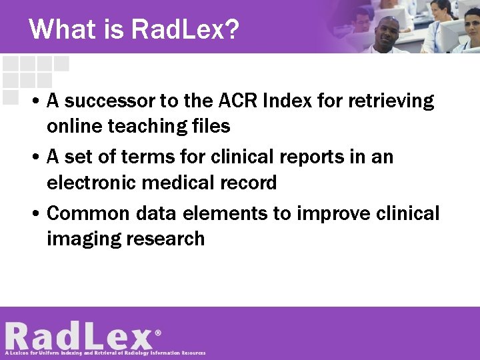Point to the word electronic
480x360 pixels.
click(92, 182)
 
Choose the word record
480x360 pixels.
click(247, 182)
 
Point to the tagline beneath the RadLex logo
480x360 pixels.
click(105, 353)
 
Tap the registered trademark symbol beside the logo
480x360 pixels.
click(158, 331)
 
